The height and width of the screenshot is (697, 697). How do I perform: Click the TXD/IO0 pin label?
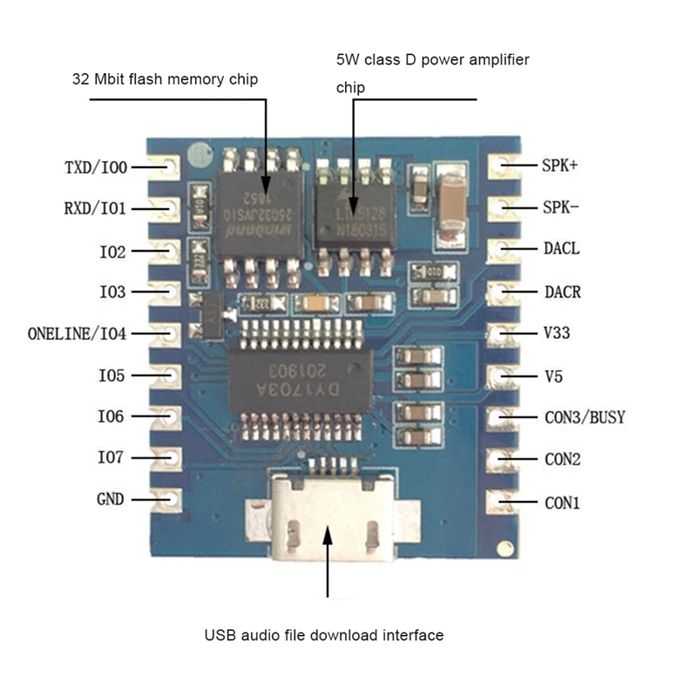[95, 166]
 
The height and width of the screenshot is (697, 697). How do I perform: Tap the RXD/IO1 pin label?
[95, 208]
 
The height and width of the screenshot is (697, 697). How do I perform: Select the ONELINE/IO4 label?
[77, 334]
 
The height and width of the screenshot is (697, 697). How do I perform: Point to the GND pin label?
[110, 500]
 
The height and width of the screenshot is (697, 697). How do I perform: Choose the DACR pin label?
[562, 292]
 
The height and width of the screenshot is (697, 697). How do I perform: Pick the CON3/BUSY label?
[585, 417]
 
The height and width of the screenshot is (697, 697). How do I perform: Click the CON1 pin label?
[562, 502]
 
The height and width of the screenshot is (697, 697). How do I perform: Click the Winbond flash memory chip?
[259, 211]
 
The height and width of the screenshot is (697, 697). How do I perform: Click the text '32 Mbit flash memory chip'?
[165, 79]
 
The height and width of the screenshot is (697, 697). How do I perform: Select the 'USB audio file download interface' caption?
[324, 635]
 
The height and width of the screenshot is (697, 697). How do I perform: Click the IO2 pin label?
[113, 251]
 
